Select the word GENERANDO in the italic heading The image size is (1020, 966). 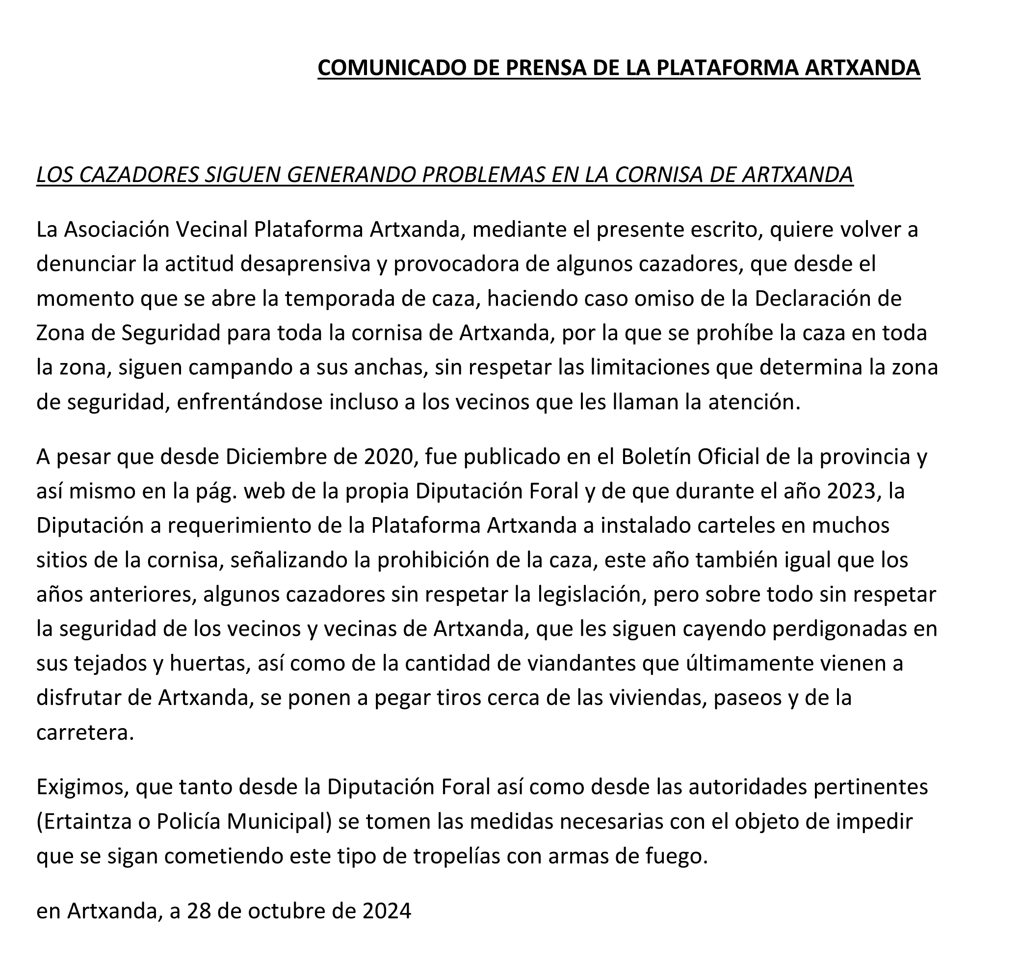[x=351, y=175]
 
